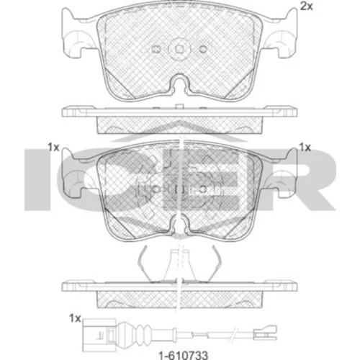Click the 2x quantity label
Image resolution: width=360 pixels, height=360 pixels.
point(307,6)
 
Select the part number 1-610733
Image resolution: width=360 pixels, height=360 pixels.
point(184,354)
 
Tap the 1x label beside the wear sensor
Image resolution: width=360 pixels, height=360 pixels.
point(75,318)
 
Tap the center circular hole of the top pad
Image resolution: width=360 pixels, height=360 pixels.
point(179,49)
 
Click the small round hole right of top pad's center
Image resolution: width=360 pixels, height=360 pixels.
point(203,49)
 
